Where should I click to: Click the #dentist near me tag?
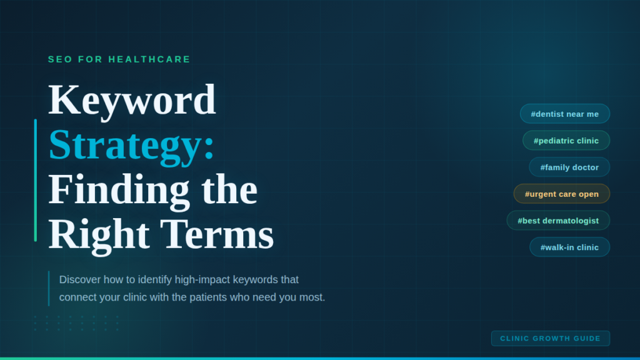click(x=564, y=114)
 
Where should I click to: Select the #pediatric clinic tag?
click(x=566, y=141)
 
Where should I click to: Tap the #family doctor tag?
click(x=569, y=167)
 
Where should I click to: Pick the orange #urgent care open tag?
click(x=561, y=194)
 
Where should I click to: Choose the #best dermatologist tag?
click(x=557, y=221)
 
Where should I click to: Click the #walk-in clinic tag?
click(x=569, y=247)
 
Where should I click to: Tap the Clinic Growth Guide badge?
click(x=550, y=339)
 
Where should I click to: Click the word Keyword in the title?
click(x=132, y=100)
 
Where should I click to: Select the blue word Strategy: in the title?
click(x=131, y=145)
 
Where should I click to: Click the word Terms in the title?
click(x=217, y=235)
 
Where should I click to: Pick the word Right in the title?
click(x=99, y=235)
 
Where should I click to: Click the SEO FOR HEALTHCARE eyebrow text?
click(x=119, y=59)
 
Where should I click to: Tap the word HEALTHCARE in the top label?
click(x=149, y=59)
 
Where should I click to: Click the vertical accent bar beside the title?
click(x=36, y=180)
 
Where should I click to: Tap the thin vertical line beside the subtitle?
click(x=49, y=288)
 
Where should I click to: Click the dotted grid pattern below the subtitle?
click(x=76, y=323)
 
